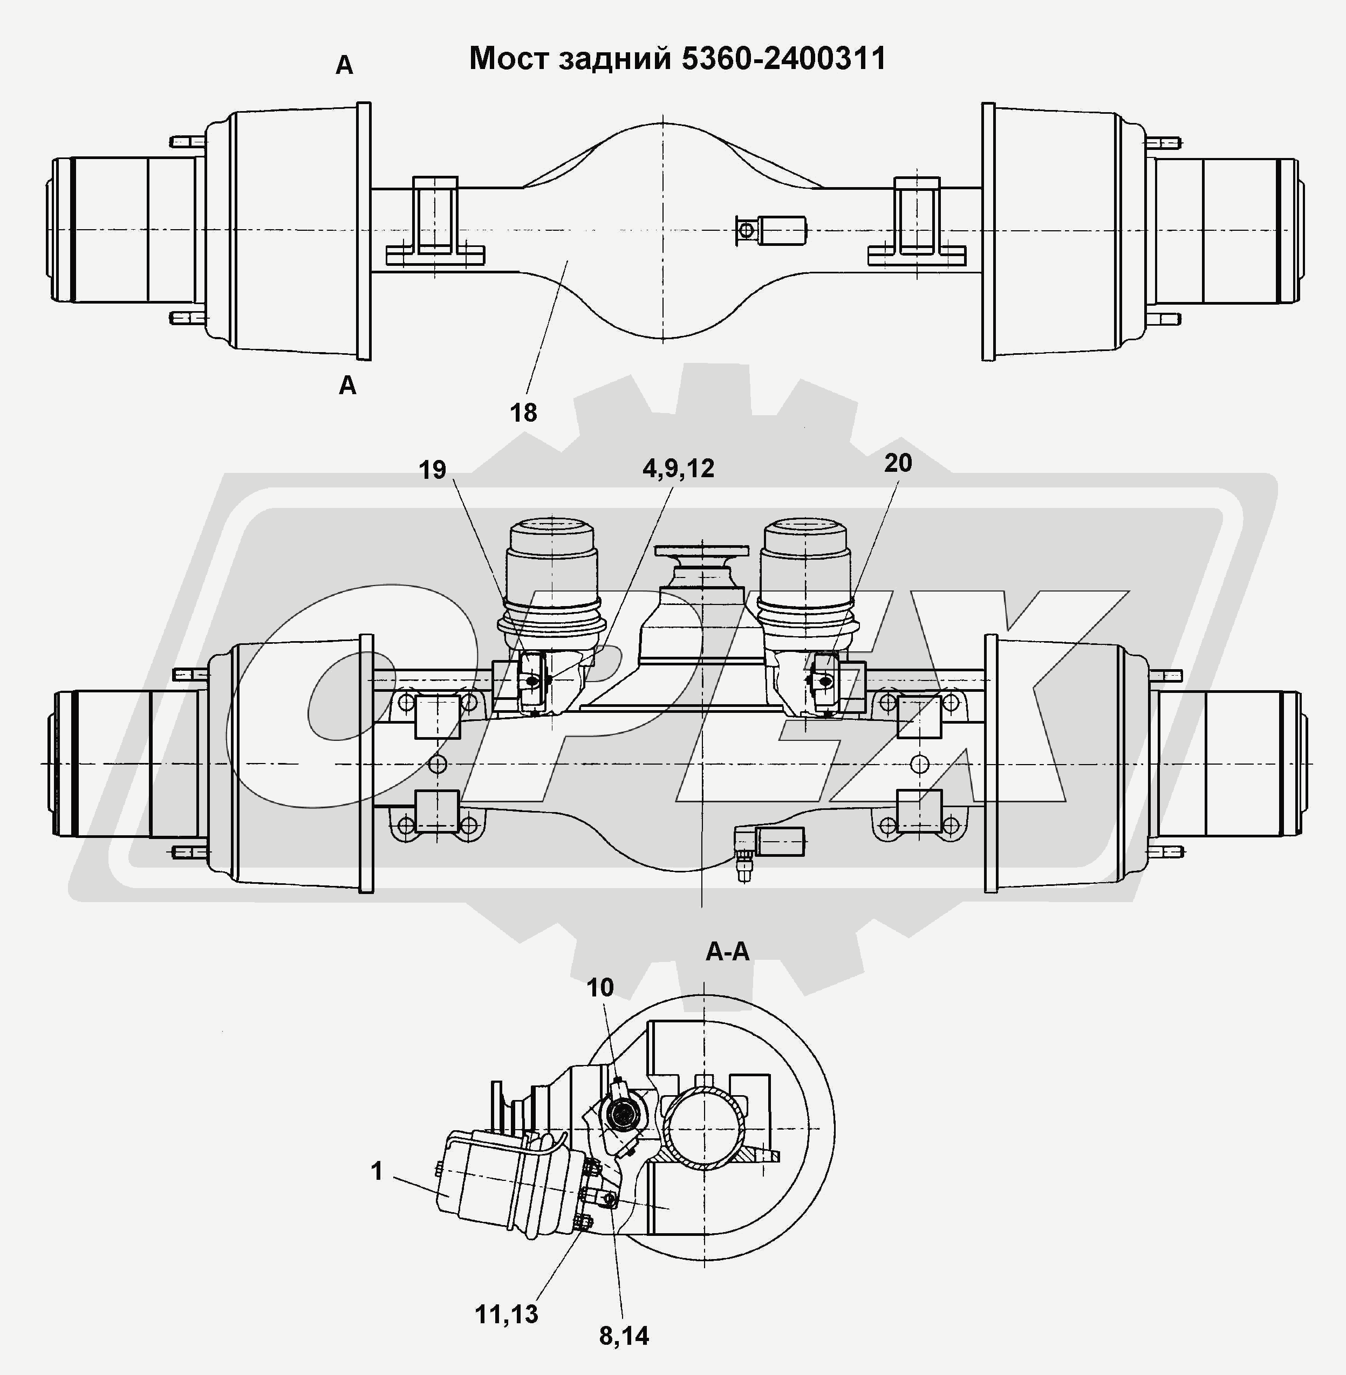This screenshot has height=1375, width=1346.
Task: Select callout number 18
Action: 523,412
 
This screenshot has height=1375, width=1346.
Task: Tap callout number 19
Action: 433,470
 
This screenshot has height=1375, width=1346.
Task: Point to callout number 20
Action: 898,464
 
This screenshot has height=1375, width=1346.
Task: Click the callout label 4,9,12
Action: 678,469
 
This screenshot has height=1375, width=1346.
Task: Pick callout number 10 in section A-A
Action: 600,988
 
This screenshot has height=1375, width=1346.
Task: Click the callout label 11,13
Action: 506,1314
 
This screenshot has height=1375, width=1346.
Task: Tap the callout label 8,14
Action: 624,1336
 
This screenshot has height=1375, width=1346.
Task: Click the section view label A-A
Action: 727,952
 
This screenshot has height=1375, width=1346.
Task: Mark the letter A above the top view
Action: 344,66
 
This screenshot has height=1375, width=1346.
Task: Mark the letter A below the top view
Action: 347,386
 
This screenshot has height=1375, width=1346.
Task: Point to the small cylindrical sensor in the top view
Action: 781,230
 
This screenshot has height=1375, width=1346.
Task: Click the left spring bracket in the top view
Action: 435,223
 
